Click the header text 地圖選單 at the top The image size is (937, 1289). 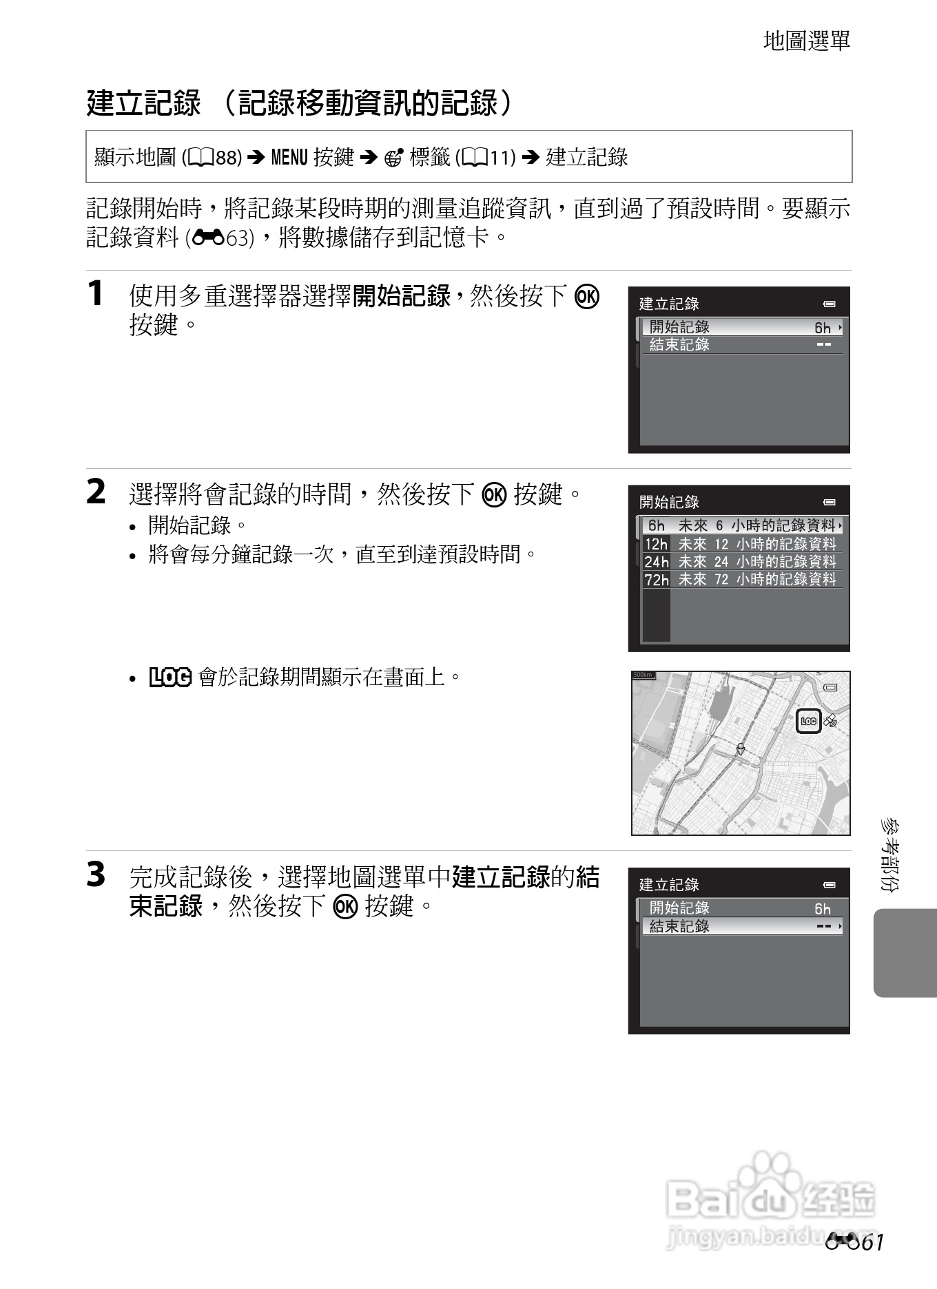tap(807, 41)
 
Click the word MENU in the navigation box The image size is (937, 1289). tap(289, 158)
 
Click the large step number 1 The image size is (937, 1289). tap(96, 293)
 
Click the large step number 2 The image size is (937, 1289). tap(96, 492)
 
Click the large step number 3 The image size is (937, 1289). tap(96, 875)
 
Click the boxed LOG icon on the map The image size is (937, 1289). tap(809, 721)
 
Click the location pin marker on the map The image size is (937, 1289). tap(741, 748)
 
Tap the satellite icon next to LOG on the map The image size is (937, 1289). tap(831, 721)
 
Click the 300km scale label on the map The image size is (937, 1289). tap(643, 675)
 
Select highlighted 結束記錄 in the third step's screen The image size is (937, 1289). tap(742, 926)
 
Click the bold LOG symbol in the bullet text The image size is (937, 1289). tap(170, 678)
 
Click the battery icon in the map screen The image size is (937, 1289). tap(830, 687)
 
